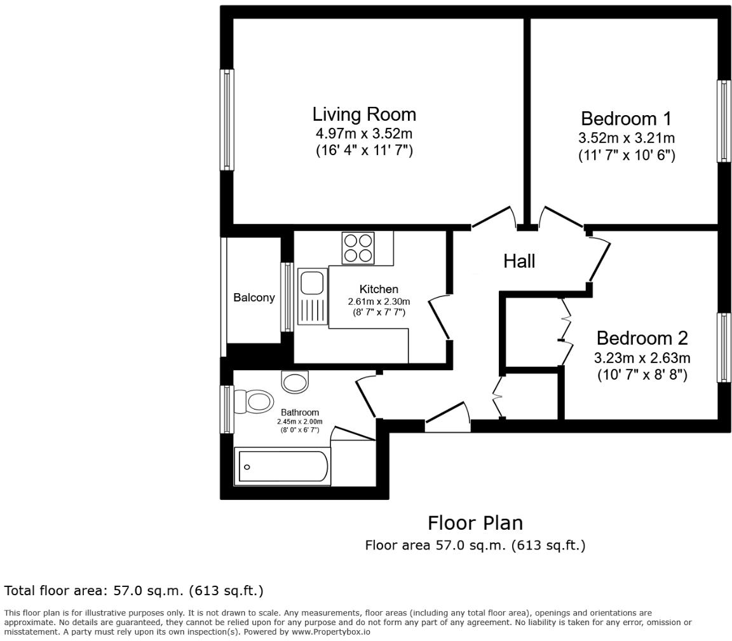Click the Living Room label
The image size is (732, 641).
[364, 114]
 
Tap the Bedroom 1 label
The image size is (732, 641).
[626, 119]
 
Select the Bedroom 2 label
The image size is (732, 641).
[642, 338]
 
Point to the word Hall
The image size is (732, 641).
[519, 261]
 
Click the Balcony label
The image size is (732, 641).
[254, 298]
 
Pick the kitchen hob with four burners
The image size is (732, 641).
[358, 248]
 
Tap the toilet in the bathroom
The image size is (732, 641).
[252, 401]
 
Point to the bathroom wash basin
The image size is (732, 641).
[295, 382]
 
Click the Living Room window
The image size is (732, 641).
[227, 120]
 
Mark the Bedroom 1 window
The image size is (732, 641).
[724, 121]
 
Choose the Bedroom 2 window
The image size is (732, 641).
[724, 347]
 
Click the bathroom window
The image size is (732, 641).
[227, 410]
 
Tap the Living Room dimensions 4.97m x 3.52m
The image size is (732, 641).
[364, 134]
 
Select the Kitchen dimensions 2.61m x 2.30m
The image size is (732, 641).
[379, 301]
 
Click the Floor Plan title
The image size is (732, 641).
[475, 523]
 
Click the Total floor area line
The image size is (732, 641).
[133, 591]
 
